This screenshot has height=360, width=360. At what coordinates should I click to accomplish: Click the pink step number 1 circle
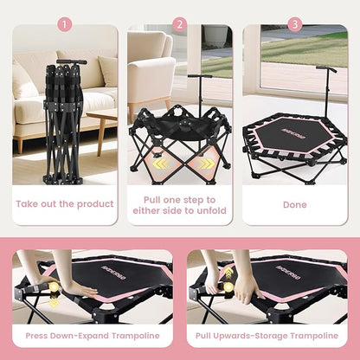pos(64,24)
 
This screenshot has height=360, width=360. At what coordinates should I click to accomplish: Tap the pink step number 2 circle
pos(180,24)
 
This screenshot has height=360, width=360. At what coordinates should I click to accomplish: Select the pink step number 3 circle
pos(295,24)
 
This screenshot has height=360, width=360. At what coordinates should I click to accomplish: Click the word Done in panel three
pos(295,205)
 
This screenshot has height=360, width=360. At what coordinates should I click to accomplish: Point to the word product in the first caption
pos(95,204)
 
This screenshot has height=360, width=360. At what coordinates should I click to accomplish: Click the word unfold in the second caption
pos(211,210)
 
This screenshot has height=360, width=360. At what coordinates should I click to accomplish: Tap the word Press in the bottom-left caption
pos(36,336)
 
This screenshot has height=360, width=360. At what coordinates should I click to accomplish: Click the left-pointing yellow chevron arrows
pos(160,164)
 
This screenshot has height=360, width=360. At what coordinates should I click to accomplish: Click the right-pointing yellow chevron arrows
pos(207,164)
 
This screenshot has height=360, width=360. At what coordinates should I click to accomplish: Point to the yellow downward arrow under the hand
pos(54,303)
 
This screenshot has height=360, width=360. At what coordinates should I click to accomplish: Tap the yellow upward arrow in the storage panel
pos(228,272)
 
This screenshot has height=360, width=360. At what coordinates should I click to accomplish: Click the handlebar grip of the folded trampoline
pos(72,61)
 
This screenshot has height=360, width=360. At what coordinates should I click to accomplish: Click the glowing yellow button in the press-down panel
pos(54,287)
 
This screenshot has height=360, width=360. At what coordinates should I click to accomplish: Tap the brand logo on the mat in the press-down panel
pos(113,273)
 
